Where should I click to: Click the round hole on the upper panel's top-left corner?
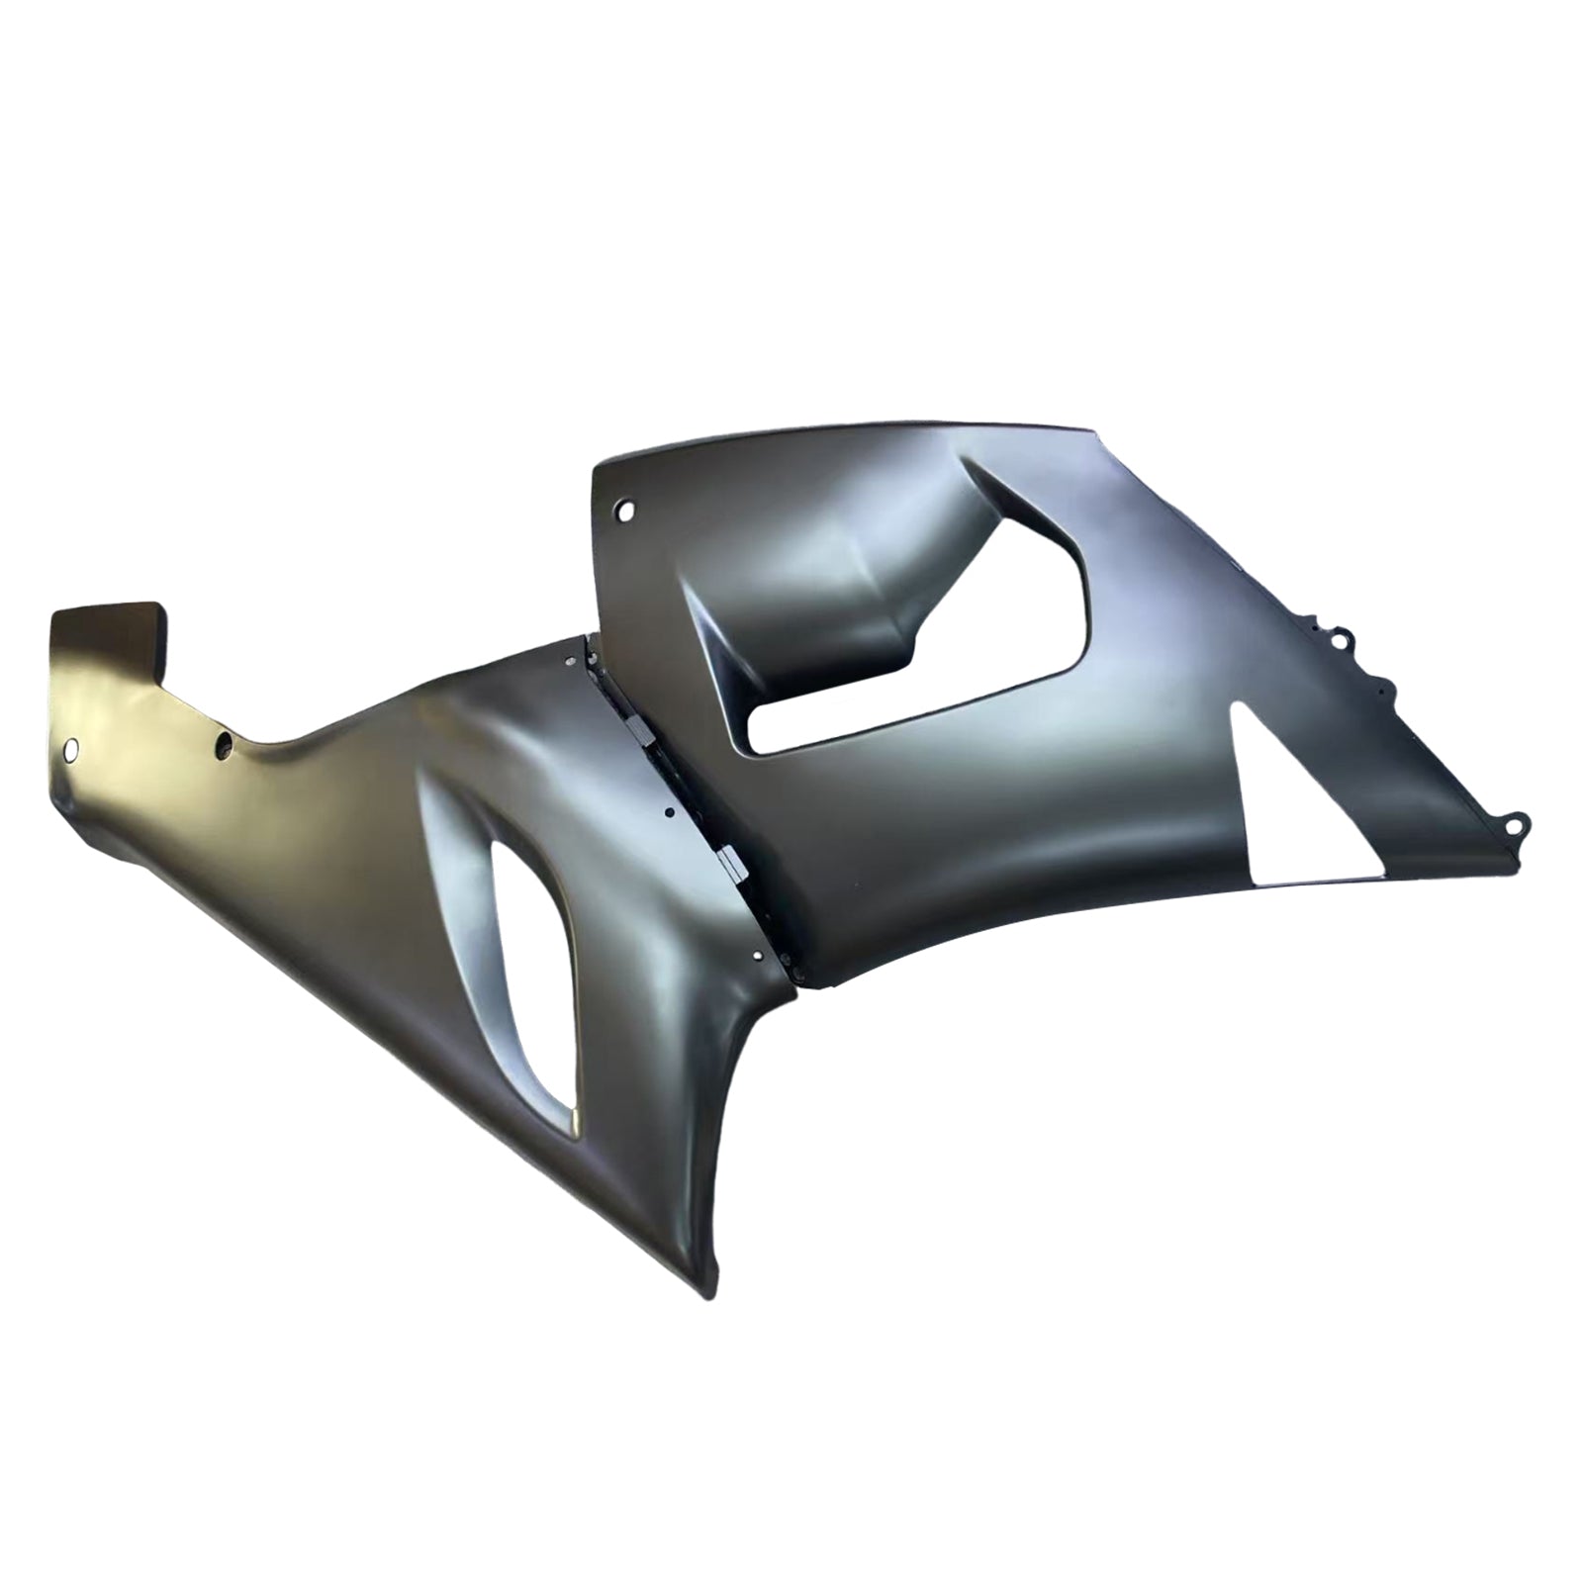(624, 512)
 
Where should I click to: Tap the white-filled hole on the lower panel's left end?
(71, 751)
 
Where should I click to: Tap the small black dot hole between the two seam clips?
(670, 811)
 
